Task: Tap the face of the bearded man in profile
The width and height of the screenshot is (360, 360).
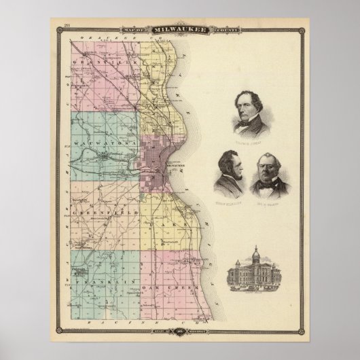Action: tap(228, 173)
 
